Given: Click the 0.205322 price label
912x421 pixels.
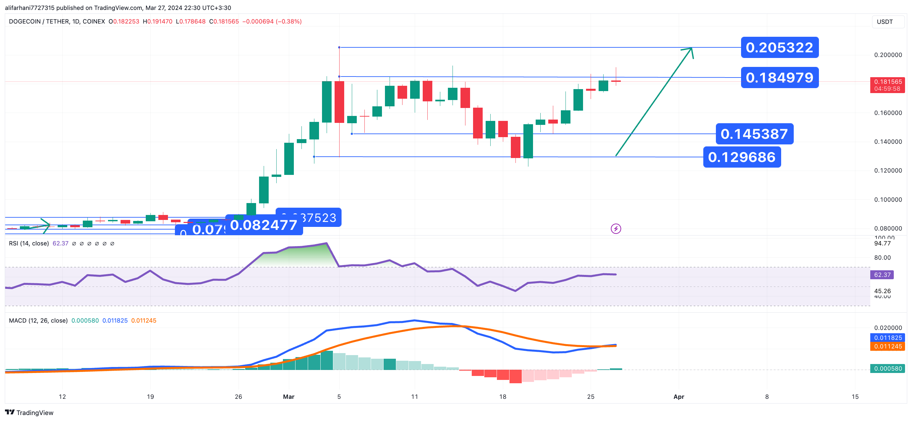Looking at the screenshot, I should [x=779, y=47].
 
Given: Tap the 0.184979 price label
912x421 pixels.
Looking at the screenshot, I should [x=779, y=78].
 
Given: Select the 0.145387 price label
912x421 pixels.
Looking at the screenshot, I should [x=754, y=134].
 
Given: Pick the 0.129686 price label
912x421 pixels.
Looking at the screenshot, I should [x=742, y=157].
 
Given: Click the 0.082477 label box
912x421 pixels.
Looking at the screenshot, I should [x=264, y=225].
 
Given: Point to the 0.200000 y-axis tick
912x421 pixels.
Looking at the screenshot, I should [x=888, y=55].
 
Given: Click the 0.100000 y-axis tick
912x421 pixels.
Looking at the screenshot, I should [x=888, y=200].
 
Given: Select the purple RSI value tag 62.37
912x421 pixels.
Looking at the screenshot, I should [x=882, y=275].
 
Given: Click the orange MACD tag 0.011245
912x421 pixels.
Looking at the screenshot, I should [x=887, y=346].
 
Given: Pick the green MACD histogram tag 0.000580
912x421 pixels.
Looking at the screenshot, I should [x=887, y=369].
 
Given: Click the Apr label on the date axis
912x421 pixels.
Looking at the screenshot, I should [x=678, y=396].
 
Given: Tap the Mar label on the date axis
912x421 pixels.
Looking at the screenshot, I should [x=289, y=396].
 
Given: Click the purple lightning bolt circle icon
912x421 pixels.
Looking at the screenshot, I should [x=616, y=229].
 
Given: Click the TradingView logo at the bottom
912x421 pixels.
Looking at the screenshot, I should [x=29, y=412].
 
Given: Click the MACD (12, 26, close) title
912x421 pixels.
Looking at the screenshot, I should [x=38, y=320].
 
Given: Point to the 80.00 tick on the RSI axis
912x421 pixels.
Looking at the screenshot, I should [x=882, y=258].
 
